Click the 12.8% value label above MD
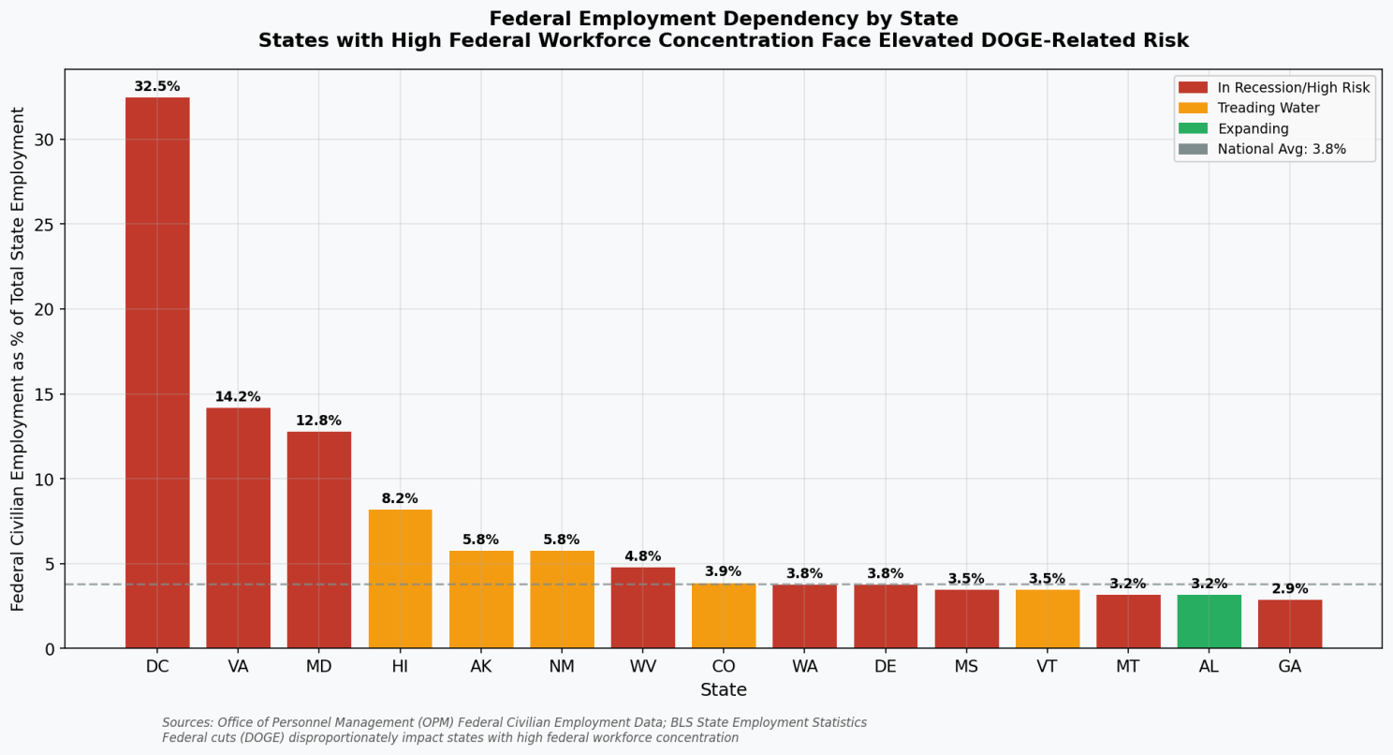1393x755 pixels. pyautogui.click(x=318, y=421)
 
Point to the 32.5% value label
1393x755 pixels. pyautogui.click(x=157, y=87)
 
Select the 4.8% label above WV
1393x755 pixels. pyautogui.click(x=642, y=556)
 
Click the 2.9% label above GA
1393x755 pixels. pyautogui.click(x=1289, y=589)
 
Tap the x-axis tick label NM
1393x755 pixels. pyautogui.click(x=562, y=667)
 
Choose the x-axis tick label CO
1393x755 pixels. pyautogui.click(x=724, y=667)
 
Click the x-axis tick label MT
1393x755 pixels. pyautogui.click(x=1128, y=667)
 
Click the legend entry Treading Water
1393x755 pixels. pyautogui.click(x=1268, y=108)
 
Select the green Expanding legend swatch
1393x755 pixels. pyautogui.click(x=1193, y=128)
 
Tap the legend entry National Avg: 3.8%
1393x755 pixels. pyautogui.click(x=1281, y=149)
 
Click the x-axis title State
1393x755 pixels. pyautogui.click(x=724, y=690)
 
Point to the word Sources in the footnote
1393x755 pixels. pyautogui.click(x=186, y=723)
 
